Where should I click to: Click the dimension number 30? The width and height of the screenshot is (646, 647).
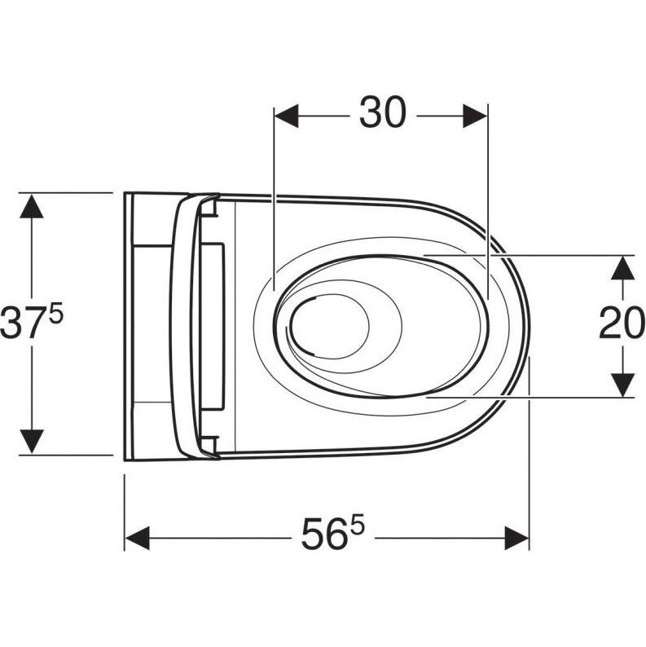[383, 112]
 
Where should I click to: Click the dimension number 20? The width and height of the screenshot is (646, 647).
[622, 323]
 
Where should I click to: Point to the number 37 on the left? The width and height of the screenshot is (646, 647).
[24, 322]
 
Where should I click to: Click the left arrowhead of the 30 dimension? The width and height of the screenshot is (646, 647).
[286, 116]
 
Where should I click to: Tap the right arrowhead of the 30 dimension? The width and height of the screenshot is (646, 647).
[476, 116]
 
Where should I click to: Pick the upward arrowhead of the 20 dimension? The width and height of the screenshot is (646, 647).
[622, 268]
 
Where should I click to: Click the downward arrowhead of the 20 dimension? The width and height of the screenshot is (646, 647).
[622, 385]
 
